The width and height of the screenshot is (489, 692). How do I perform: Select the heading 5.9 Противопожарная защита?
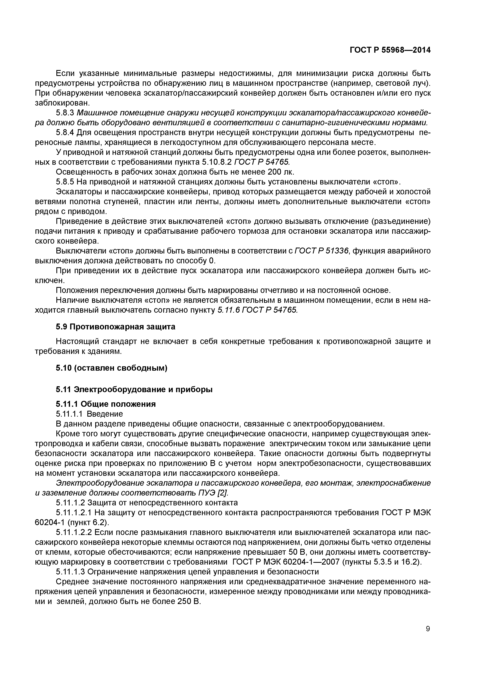coord(115,327)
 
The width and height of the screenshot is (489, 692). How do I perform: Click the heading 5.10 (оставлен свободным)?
coord(111,368)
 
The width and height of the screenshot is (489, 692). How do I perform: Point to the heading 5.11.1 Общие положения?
coord(106,404)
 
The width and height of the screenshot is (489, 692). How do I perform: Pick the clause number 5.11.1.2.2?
coord(75,532)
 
